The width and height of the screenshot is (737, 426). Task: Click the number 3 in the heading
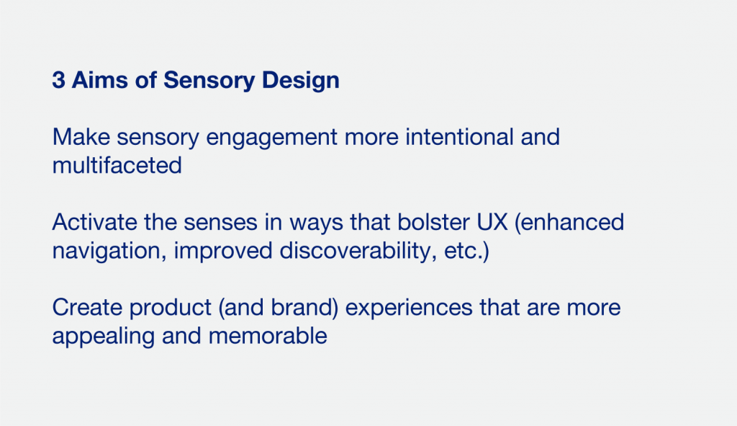point(59,79)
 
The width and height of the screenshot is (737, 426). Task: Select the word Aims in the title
point(99,79)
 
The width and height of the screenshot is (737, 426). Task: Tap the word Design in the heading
point(300,81)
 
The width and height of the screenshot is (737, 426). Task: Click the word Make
point(81,137)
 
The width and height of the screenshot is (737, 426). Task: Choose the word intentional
point(459,137)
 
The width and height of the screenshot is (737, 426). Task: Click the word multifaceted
point(117,165)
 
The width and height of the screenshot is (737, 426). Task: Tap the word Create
point(87,307)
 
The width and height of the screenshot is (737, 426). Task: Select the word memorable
point(268,336)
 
